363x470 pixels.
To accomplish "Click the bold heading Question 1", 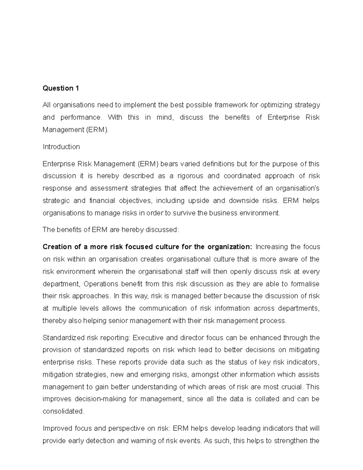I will click(x=61, y=88).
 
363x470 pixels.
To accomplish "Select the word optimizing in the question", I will click(x=276, y=105).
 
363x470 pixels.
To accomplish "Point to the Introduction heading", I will click(x=61, y=147).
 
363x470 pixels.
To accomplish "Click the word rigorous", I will click(x=190, y=176).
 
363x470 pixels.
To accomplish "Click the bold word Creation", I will click(x=57, y=247).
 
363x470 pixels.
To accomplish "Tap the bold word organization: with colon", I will click(x=230, y=247).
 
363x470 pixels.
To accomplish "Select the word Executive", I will click(x=148, y=338).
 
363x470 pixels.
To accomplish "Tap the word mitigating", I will click(x=303, y=350).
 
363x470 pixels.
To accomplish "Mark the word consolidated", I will click(x=63, y=412).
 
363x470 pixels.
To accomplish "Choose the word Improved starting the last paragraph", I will click(x=57, y=429).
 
